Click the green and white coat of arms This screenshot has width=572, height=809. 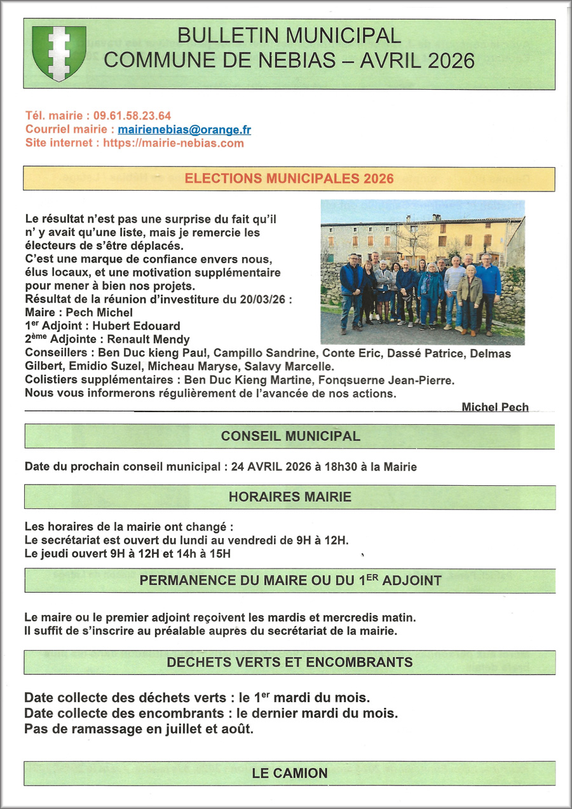coord(59,53)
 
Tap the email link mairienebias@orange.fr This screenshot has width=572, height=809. coord(184,130)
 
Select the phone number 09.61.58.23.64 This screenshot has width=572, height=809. coord(132,116)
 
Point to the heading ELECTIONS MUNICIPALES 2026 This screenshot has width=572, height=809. coord(289,179)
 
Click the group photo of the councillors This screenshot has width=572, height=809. coord(423,272)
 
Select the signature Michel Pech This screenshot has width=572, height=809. coord(495,407)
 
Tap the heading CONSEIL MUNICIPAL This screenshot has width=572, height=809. coord(290,436)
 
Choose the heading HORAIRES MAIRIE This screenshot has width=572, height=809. coord(290,497)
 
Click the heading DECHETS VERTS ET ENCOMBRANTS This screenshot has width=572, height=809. coord(290,662)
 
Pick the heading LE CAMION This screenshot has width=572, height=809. coord(290,773)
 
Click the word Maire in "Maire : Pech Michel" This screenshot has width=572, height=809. coord(39,313)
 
